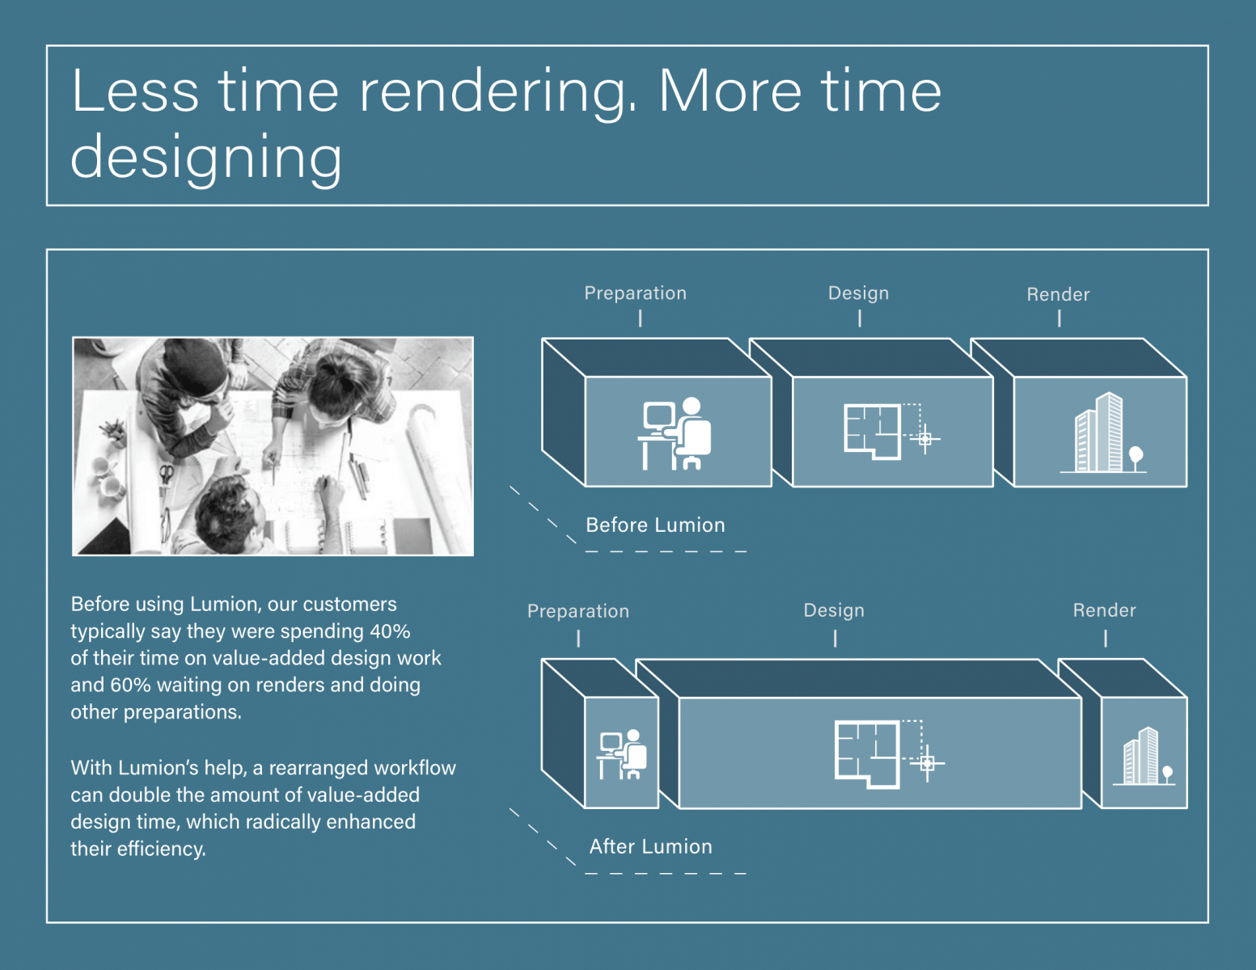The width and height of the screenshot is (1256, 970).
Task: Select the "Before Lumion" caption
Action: click(655, 525)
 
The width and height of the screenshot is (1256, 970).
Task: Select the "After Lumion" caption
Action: click(651, 846)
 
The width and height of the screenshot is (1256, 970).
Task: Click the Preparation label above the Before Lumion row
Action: click(635, 293)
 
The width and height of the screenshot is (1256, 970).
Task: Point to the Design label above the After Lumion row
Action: click(834, 610)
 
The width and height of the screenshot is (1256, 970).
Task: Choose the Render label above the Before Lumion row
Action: click(1059, 295)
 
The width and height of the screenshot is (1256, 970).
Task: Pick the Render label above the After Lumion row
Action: click(1105, 610)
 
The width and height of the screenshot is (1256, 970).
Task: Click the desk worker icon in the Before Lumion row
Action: click(675, 433)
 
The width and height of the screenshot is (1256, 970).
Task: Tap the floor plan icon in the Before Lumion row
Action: click(892, 431)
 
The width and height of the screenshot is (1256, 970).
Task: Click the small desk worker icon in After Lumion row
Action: click(623, 754)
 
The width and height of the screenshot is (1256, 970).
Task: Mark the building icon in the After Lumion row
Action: click(1144, 756)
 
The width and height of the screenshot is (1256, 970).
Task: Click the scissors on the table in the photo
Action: click(166, 474)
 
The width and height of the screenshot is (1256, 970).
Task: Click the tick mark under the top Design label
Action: click(860, 318)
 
